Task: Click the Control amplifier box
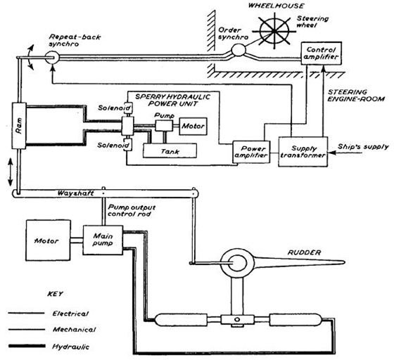[x=321, y=53]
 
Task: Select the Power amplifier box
[x=251, y=152]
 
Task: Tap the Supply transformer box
[x=303, y=152]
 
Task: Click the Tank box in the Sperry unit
[x=170, y=150]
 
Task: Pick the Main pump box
[x=103, y=240]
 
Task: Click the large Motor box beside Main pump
[x=48, y=240]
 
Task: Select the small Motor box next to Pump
[x=193, y=126]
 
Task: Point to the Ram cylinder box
[x=19, y=126]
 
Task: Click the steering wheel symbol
[x=274, y=31]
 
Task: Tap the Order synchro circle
[x=239, y=50]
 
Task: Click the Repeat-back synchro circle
[x=52, y=58]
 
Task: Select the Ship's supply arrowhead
[x=331, y=153]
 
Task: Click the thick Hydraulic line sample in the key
[x=27, y=346]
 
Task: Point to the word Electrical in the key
[x=70, y=314]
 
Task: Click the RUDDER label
[x=304, y=252]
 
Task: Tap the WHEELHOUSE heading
[x=276, y=6]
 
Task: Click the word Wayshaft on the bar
[x=75, y=193]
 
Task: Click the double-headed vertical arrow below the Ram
[x=11, y=172]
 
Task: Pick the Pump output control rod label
[x=132, y=211]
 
